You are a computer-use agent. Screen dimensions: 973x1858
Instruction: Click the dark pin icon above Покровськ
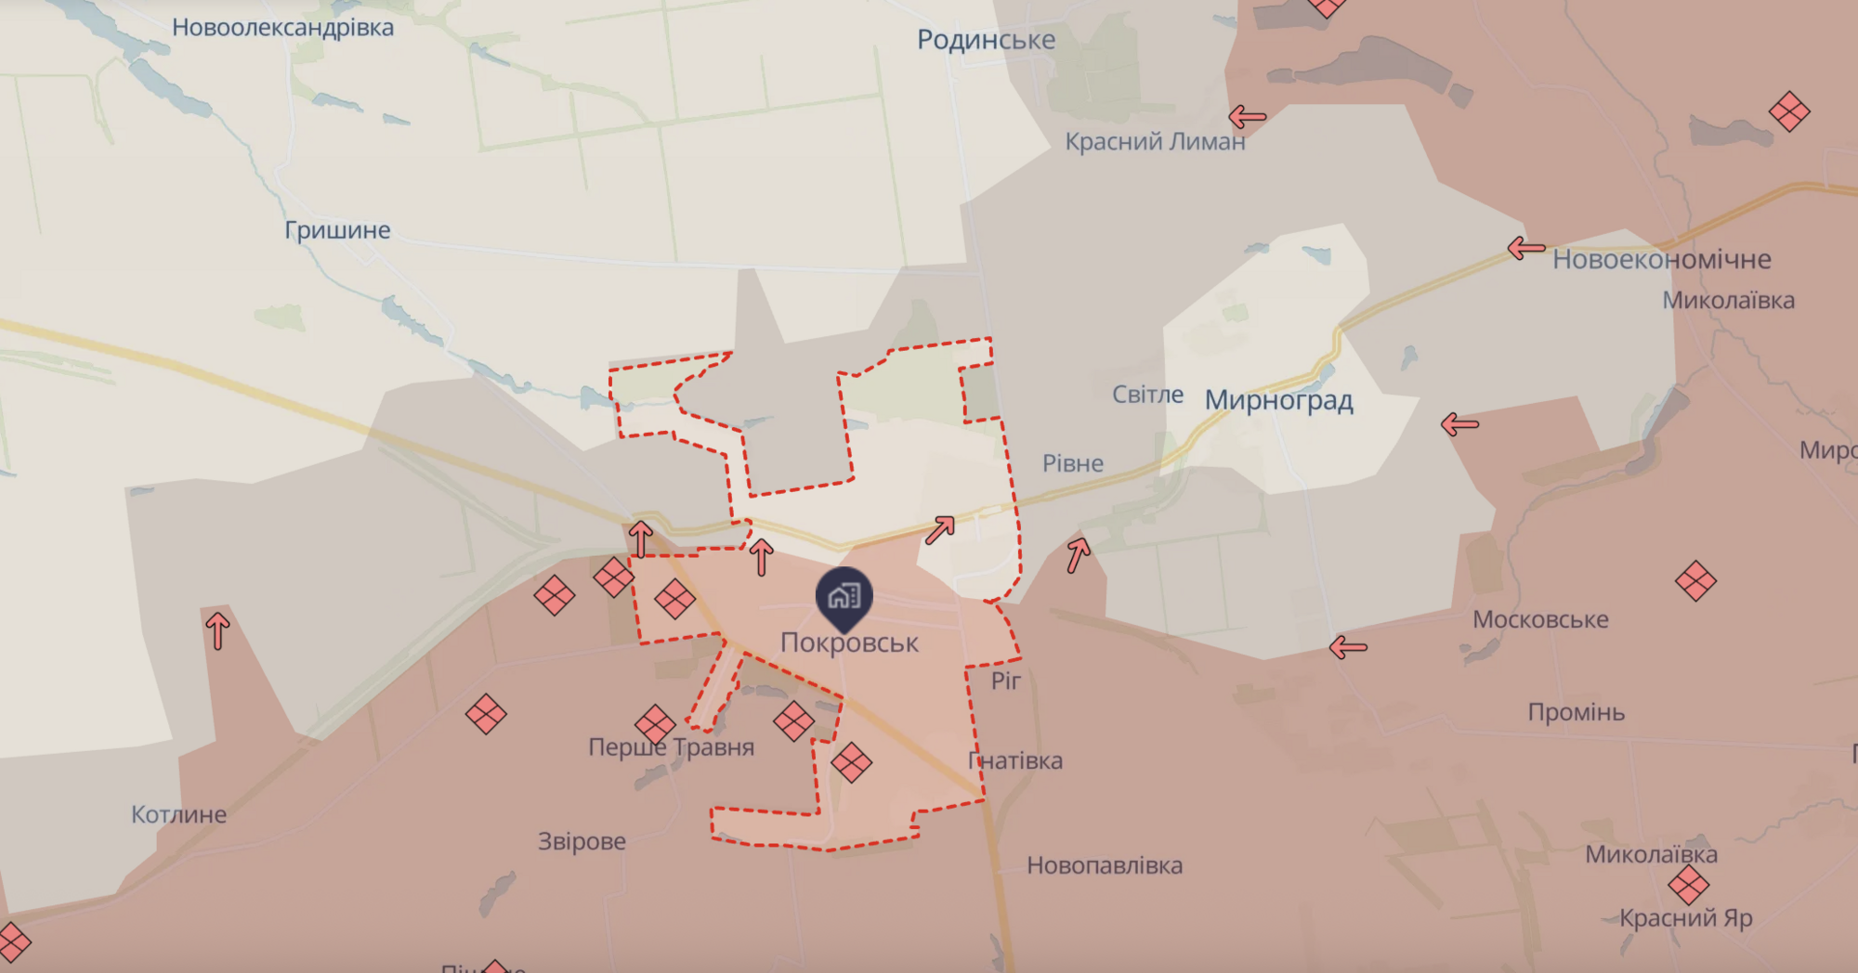coord(844,597)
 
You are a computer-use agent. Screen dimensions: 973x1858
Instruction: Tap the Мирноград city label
coord(1278,400)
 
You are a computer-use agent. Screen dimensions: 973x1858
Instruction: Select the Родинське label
coord(986,40)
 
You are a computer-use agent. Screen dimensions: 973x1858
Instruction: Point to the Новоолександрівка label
coord(282,28)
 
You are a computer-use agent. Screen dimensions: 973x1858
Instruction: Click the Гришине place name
coord(337,230)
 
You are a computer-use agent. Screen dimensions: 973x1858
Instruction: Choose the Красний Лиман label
coord(1155,142)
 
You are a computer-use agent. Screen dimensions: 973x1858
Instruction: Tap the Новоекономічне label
coord(1661,259)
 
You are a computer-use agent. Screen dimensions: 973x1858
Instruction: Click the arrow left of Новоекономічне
coord(1525,248)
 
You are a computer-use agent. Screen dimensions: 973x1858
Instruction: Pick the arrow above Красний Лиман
coord(1247,117)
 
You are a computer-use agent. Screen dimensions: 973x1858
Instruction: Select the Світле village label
coord(1147,395)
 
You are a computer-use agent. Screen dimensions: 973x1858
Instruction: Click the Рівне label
coord(1073,463)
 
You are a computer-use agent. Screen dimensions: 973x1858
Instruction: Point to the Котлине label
coord(178,814)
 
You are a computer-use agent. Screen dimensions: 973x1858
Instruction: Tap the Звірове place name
coord(582,841)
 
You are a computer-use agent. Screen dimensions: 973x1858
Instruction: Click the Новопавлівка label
coord(1105,865)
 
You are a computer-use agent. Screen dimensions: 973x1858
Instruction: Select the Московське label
coord(1540,619)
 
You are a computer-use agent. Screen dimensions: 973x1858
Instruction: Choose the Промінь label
coord(1576,712)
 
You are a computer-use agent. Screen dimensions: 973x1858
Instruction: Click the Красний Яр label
coord(1685,918)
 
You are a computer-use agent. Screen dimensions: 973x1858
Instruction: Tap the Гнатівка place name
coord(1015,760)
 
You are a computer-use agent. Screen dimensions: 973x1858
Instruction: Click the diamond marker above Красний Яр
coord(1688,885)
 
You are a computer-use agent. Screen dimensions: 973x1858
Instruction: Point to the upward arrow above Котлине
coord(217,630)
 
